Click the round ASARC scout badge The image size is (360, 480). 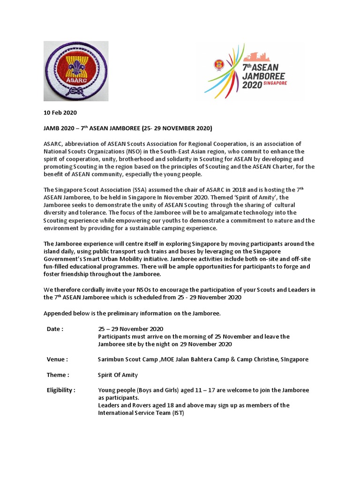(76, 71)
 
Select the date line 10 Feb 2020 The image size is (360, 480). (60, 112)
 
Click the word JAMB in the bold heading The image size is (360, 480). (52, 128)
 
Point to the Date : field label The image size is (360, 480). (55, 329)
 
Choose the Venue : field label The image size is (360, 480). (57, 359)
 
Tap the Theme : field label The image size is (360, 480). (58, 375)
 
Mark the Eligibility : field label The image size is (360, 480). (61, 390)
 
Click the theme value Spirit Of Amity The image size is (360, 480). (118, 375)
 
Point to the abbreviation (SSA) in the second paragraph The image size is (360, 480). (129, 189)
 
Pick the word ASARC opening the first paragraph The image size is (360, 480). (53, 143)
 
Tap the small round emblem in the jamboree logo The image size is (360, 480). (217, 64)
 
